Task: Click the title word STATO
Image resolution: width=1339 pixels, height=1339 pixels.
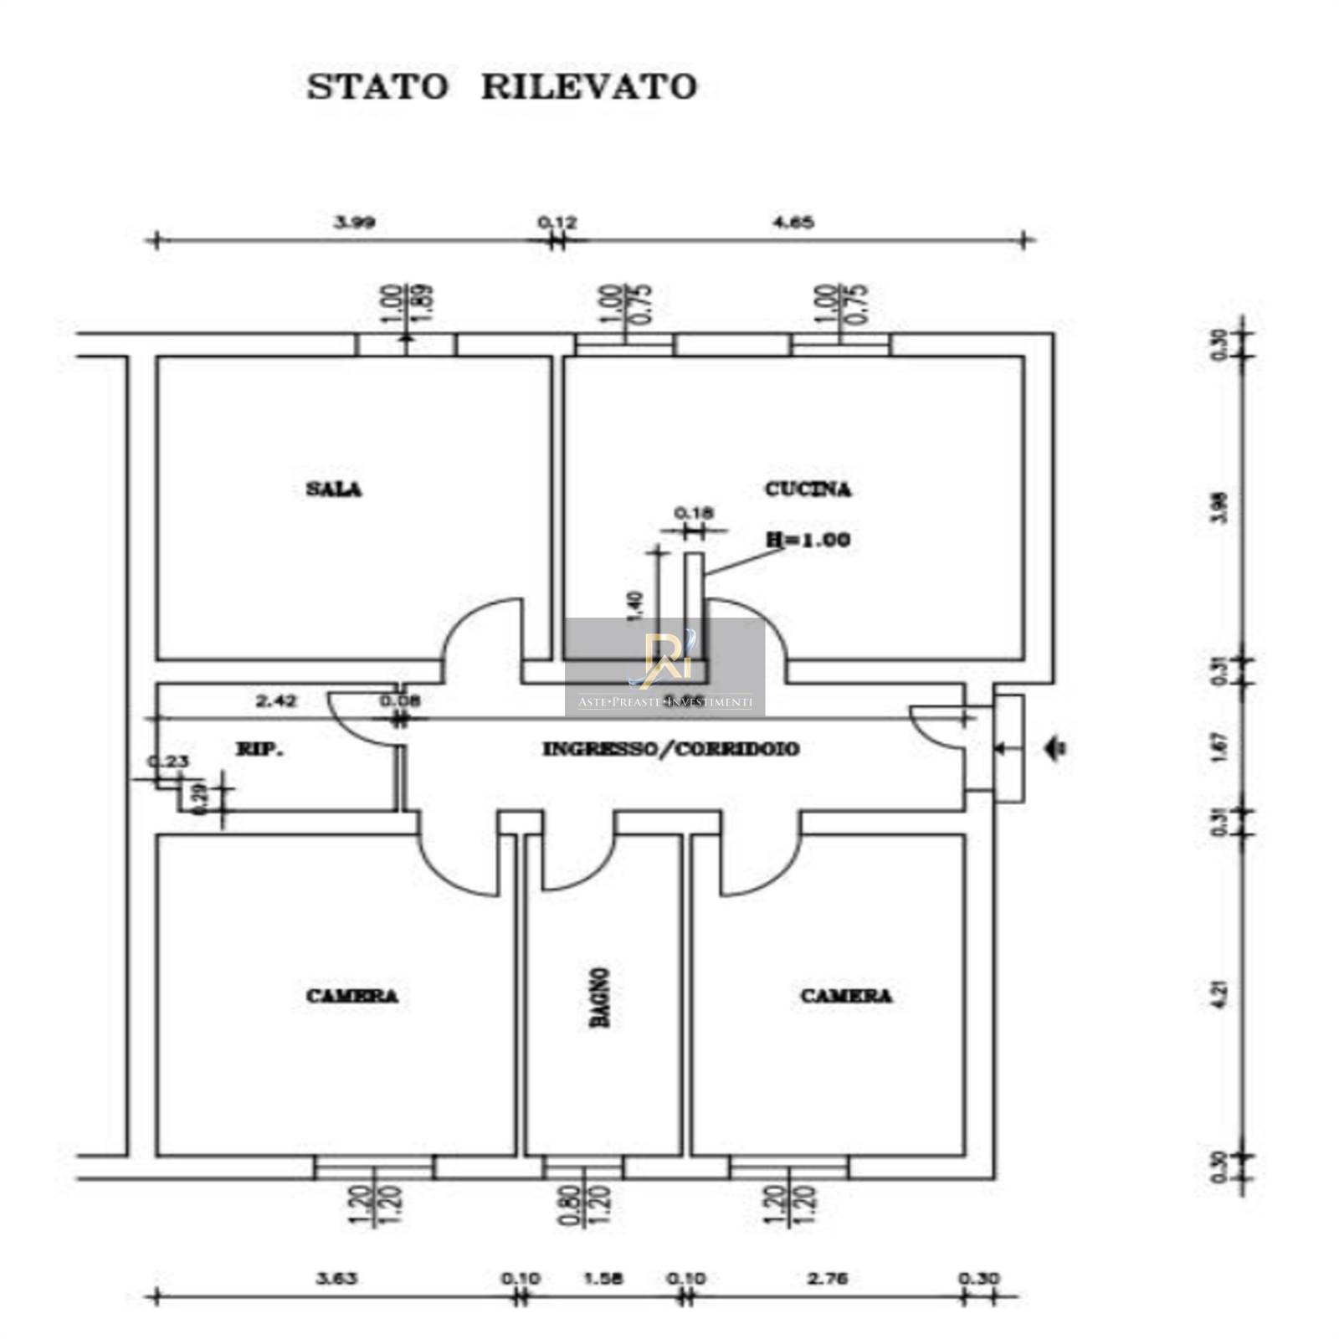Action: pos(377,86)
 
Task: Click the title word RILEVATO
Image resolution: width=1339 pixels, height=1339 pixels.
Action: pos(588,86)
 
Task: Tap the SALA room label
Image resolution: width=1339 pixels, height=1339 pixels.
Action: pos(334,489)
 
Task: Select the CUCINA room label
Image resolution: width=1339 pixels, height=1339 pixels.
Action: pos(808,489)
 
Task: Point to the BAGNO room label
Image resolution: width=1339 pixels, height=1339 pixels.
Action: pos(599,997)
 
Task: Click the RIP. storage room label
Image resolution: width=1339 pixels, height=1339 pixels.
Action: pos(259,749)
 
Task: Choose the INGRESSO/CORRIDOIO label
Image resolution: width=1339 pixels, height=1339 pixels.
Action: pos(670,749)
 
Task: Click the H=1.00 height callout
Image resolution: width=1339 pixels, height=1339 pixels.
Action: pos(808,540)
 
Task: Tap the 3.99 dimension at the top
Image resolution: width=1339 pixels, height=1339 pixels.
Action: pos(354,223)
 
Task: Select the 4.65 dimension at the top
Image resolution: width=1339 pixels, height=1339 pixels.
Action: pos(793,223)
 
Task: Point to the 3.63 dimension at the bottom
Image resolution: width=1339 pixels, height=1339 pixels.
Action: pos(336,1279)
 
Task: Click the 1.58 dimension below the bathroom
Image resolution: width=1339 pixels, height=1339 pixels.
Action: pos(603,1279)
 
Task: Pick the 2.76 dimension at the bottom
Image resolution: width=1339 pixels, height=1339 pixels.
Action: pos(828,1279)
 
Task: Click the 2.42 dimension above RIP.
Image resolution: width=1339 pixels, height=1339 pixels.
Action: pos(275,701)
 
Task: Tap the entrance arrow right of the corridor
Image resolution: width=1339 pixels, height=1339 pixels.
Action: pos(1057,747)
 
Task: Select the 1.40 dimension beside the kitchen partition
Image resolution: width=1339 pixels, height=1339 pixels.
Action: pos(636,605)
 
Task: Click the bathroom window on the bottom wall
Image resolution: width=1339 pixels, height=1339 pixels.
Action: pos(583,1167)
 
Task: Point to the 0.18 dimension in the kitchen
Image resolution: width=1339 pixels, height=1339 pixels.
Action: pos(693,512)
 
